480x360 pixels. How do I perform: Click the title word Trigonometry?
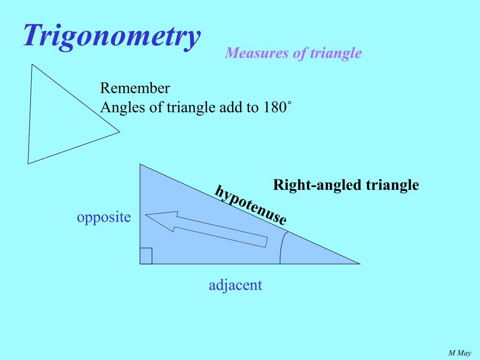point(112,37)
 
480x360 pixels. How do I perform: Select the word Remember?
point(135,88)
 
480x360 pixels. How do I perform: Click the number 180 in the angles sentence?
point(274,108)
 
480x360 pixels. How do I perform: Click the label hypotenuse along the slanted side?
point(250,205)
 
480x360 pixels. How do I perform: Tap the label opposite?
point(104,217)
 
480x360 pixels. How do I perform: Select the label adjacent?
point(235,285)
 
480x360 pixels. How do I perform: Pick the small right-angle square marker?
point(146,256)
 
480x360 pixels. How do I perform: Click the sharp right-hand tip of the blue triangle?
point(359,263)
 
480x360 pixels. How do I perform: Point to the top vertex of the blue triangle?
point(140,165)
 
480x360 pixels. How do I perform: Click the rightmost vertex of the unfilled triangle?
point(120,132)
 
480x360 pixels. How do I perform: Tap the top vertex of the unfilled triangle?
point(32,64)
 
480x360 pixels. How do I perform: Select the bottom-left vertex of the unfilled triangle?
point(28,163)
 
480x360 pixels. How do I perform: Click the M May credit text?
point(460,353)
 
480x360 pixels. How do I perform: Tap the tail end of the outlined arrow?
point(266,242)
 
